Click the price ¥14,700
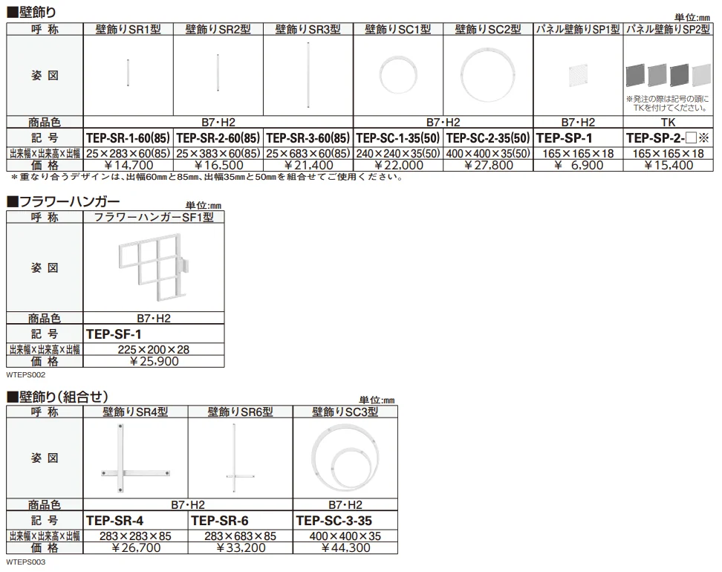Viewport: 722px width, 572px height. tap(129, 166)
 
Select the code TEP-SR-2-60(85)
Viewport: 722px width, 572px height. tap(218, 137)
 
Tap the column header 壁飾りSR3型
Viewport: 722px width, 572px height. tap(308, 30)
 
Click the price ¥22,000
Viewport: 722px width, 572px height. tap(398, 166)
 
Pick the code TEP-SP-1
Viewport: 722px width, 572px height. tap(564, 137)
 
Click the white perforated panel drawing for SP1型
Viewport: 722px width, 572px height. tap(579, 76)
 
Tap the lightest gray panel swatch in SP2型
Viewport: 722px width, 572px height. tap(701, 74)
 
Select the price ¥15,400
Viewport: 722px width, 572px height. tap(668, 166)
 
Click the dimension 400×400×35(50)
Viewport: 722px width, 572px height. tap(488, 153)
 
